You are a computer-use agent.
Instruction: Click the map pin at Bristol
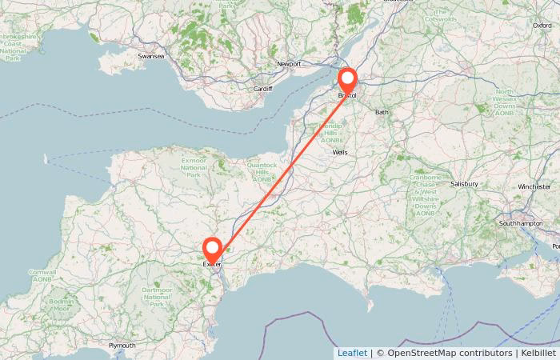pyautogui.click(x=348, y=81)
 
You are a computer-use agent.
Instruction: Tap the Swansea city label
pyautogui.click(x=150, y=57)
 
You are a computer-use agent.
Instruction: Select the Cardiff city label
pyautogui.click(x=262, y=89)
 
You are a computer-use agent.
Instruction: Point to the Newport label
pyautogui.click(x=289, y=64)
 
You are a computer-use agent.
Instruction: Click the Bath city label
pyautogui.click(x=382, y=112)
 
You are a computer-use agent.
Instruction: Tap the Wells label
pyautogui.click(x=340, y=152)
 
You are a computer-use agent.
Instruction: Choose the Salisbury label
pyautogui.click(x=464, y=184)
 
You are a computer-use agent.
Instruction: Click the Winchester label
pyautogui.click(x=534, y=186)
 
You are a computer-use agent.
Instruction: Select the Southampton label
pyautogui.click(x=522, y=222)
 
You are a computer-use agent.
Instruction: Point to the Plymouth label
pyautogui.click(x=122, y=346)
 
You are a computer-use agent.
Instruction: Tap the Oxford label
pyautogui.click(x=542, y=26)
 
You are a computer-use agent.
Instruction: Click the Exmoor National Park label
pyautogui.click(x=194, y=167)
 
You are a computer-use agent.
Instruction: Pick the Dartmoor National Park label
pyautogui.click(x=156, y=297)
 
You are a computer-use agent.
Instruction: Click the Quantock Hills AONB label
pyautogui.click(x=262, y=172)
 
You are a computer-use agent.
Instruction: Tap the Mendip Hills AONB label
pyautogui.click(x=331, y=133)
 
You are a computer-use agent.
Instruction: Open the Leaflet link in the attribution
pyautogui.click(x=352, y=353)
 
